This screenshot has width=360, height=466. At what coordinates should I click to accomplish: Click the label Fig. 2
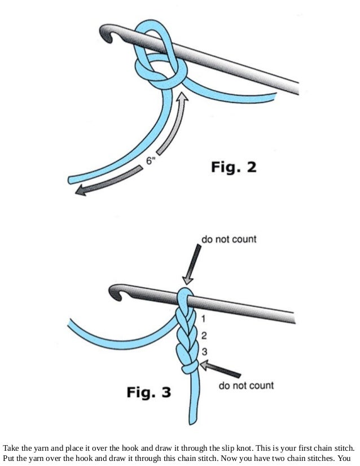[233, 168]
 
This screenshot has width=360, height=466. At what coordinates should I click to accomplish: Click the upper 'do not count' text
[229, 239]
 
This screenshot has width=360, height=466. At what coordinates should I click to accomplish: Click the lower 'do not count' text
[246, 386]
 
